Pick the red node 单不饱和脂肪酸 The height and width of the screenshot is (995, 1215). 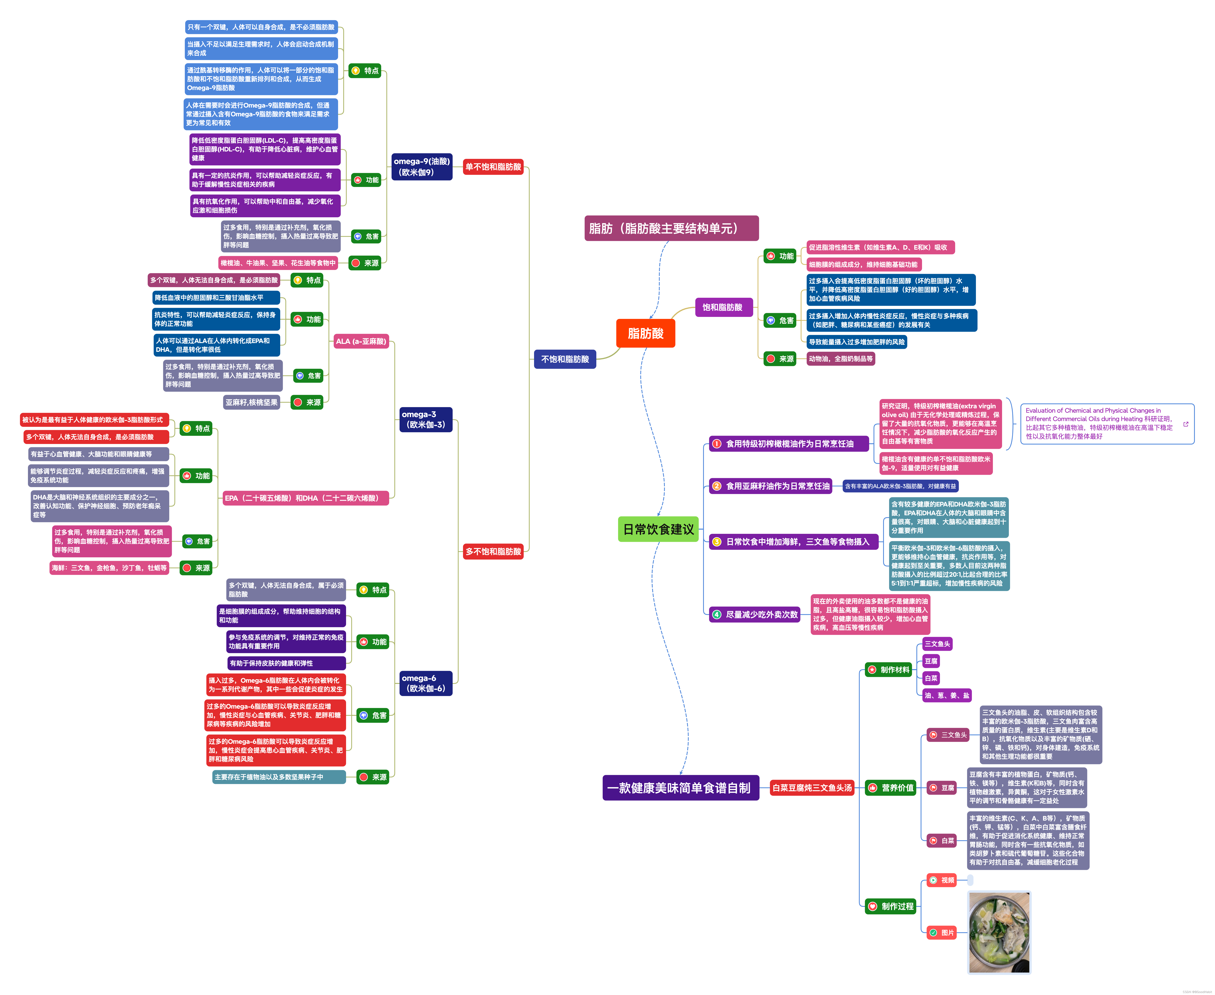493,167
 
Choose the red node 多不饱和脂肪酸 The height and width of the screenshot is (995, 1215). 493,551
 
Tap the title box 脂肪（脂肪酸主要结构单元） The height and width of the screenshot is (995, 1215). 671,228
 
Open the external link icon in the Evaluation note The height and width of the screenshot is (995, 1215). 1186,424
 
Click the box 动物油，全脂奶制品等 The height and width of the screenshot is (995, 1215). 840,359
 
